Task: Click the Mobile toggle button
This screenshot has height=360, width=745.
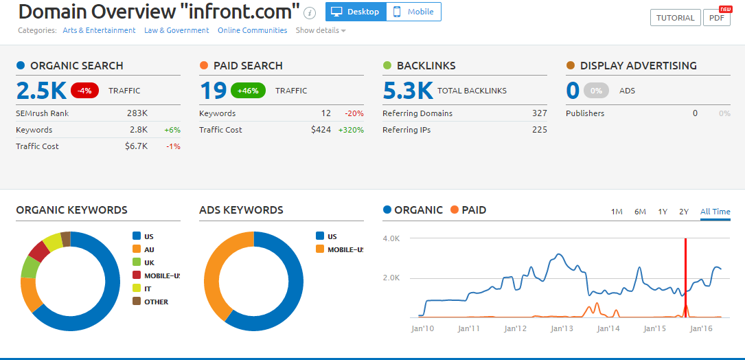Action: [414, 12]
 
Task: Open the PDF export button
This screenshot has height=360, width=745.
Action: [715, 18]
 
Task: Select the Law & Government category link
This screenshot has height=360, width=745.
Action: [176, 30]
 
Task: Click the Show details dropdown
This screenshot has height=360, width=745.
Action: [321, 30]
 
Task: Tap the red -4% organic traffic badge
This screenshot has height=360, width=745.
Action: [85, 90]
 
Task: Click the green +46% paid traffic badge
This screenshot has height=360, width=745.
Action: [247, 90]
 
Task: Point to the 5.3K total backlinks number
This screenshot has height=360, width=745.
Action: [408, 90]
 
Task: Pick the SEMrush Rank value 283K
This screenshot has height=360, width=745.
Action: [137, 113]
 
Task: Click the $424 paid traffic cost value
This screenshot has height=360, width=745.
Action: [320, 130]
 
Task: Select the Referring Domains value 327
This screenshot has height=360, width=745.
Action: [539, 113]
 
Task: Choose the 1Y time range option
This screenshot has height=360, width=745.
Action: [663, 212]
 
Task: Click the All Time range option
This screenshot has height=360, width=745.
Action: [715, 212]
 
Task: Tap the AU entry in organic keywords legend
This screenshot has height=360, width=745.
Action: [149, 249]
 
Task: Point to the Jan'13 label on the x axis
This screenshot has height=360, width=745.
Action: [562, 329]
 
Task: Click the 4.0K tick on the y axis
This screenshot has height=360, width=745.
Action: [391, 239]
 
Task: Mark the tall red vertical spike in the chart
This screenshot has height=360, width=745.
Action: [685, 275]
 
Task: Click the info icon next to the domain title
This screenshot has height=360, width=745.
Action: [310, 12]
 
